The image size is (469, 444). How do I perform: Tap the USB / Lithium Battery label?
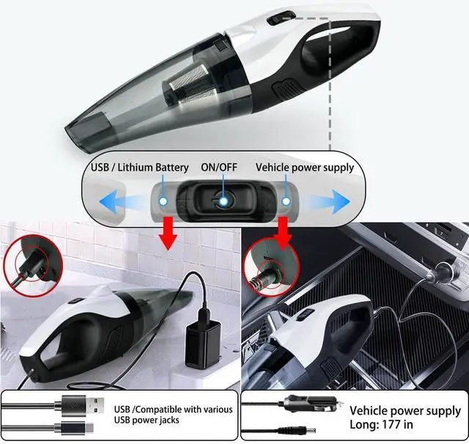point(140,168)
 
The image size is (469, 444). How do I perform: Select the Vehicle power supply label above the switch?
point(304,168)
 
